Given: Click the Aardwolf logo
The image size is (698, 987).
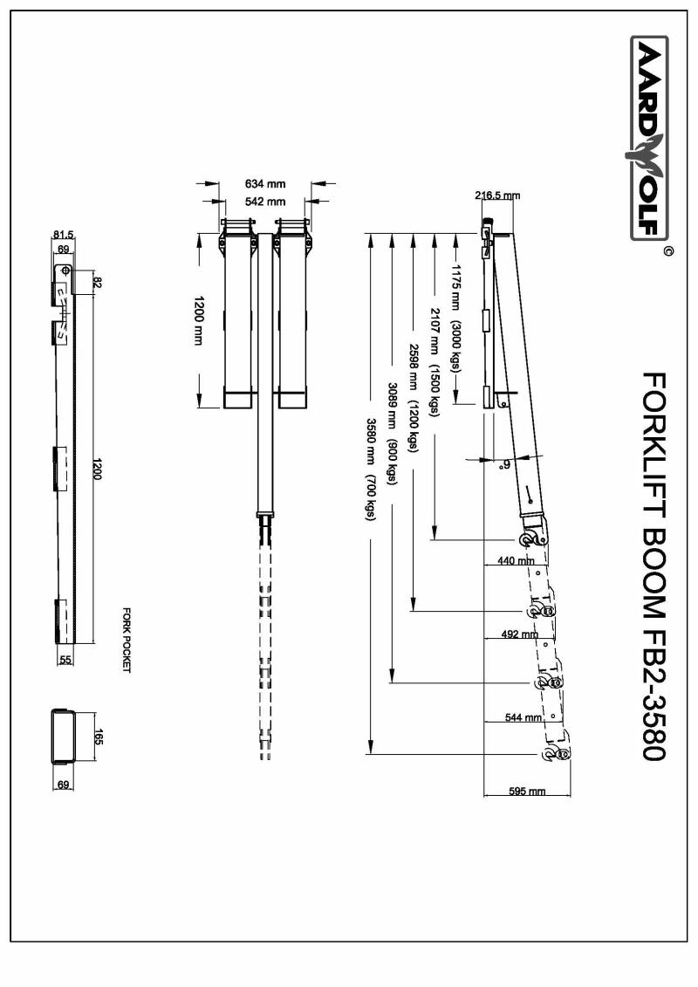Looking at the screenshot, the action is [649, 138].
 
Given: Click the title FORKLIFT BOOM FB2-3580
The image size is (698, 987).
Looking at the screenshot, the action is [654, 565].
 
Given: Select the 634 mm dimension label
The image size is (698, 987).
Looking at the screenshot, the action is [265, 184].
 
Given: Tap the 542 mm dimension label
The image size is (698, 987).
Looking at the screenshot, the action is [265, 202].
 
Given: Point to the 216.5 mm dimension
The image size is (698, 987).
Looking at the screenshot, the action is [497, 195].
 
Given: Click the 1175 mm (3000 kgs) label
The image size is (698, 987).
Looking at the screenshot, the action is [455, 318].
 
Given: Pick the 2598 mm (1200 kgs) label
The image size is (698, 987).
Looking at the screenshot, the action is [413, 398].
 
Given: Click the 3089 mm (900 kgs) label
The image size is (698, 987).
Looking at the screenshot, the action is [392, 434].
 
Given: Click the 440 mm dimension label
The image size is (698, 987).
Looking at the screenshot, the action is [516, 560].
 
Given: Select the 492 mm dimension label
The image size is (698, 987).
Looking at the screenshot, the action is [519, 634].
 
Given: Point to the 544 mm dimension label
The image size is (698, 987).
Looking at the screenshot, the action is [523, 717].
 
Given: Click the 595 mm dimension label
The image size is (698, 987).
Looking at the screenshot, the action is [527, 792].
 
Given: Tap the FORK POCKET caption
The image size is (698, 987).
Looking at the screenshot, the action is [126, 641].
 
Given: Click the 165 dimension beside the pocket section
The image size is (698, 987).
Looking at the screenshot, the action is [98, 737].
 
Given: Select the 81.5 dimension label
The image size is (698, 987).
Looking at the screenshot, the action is [63, 235].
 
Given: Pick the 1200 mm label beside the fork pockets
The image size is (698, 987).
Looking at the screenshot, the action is [199, 320].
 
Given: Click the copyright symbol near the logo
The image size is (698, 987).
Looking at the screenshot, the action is [668, 251].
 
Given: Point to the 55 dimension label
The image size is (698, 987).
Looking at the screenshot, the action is [65, 660].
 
